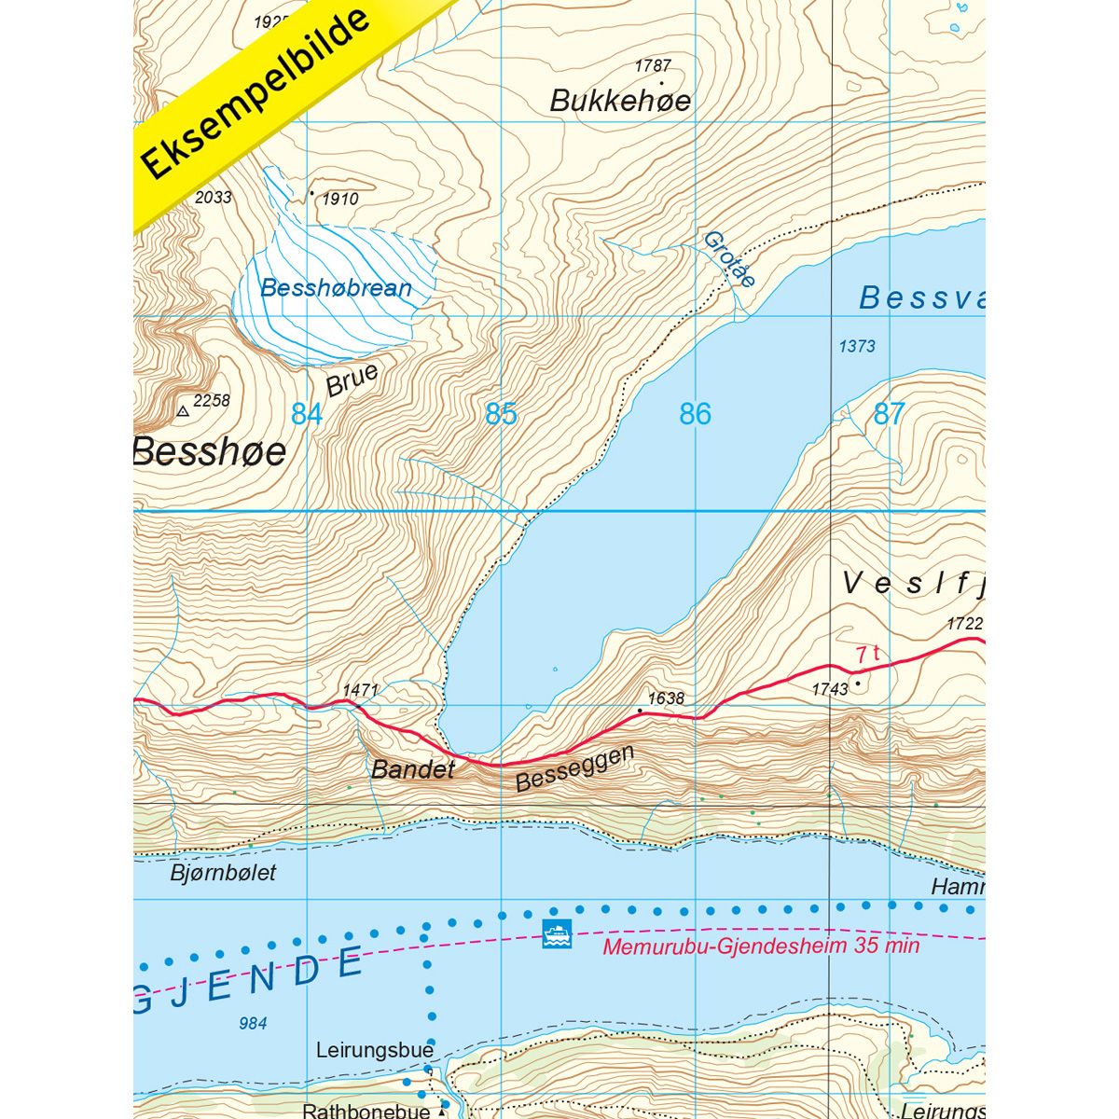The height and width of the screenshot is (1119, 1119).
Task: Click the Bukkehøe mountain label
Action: point(620,101)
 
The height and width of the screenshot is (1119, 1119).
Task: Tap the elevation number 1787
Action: point(653,66)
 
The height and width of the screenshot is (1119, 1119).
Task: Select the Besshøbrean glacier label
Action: point(336,288)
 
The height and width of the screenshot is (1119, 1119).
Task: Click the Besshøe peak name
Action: point(211,451)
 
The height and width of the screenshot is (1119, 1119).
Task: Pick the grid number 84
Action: point(307,414)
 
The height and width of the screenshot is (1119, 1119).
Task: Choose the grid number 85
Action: point(501,414)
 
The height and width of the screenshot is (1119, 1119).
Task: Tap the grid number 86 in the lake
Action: point(695,414)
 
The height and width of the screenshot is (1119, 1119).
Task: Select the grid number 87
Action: point(889,414)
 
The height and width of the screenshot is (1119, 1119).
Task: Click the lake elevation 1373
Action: point(856,347)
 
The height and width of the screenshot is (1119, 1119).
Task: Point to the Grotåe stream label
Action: point(728,259)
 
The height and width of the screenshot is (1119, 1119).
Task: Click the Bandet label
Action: point(412,769)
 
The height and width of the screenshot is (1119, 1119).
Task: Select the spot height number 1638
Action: point(666,698)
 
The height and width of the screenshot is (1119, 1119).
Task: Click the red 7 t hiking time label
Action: point(867,655)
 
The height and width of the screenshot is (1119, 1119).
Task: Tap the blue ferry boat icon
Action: point(556,932)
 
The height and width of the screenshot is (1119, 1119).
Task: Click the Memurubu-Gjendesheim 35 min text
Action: point(761,946)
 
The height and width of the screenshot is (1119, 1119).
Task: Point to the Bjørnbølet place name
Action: point(224,874)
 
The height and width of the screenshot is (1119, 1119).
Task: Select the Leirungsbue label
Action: point(375,1050)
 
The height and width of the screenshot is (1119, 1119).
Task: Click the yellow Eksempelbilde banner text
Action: point(256,93)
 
